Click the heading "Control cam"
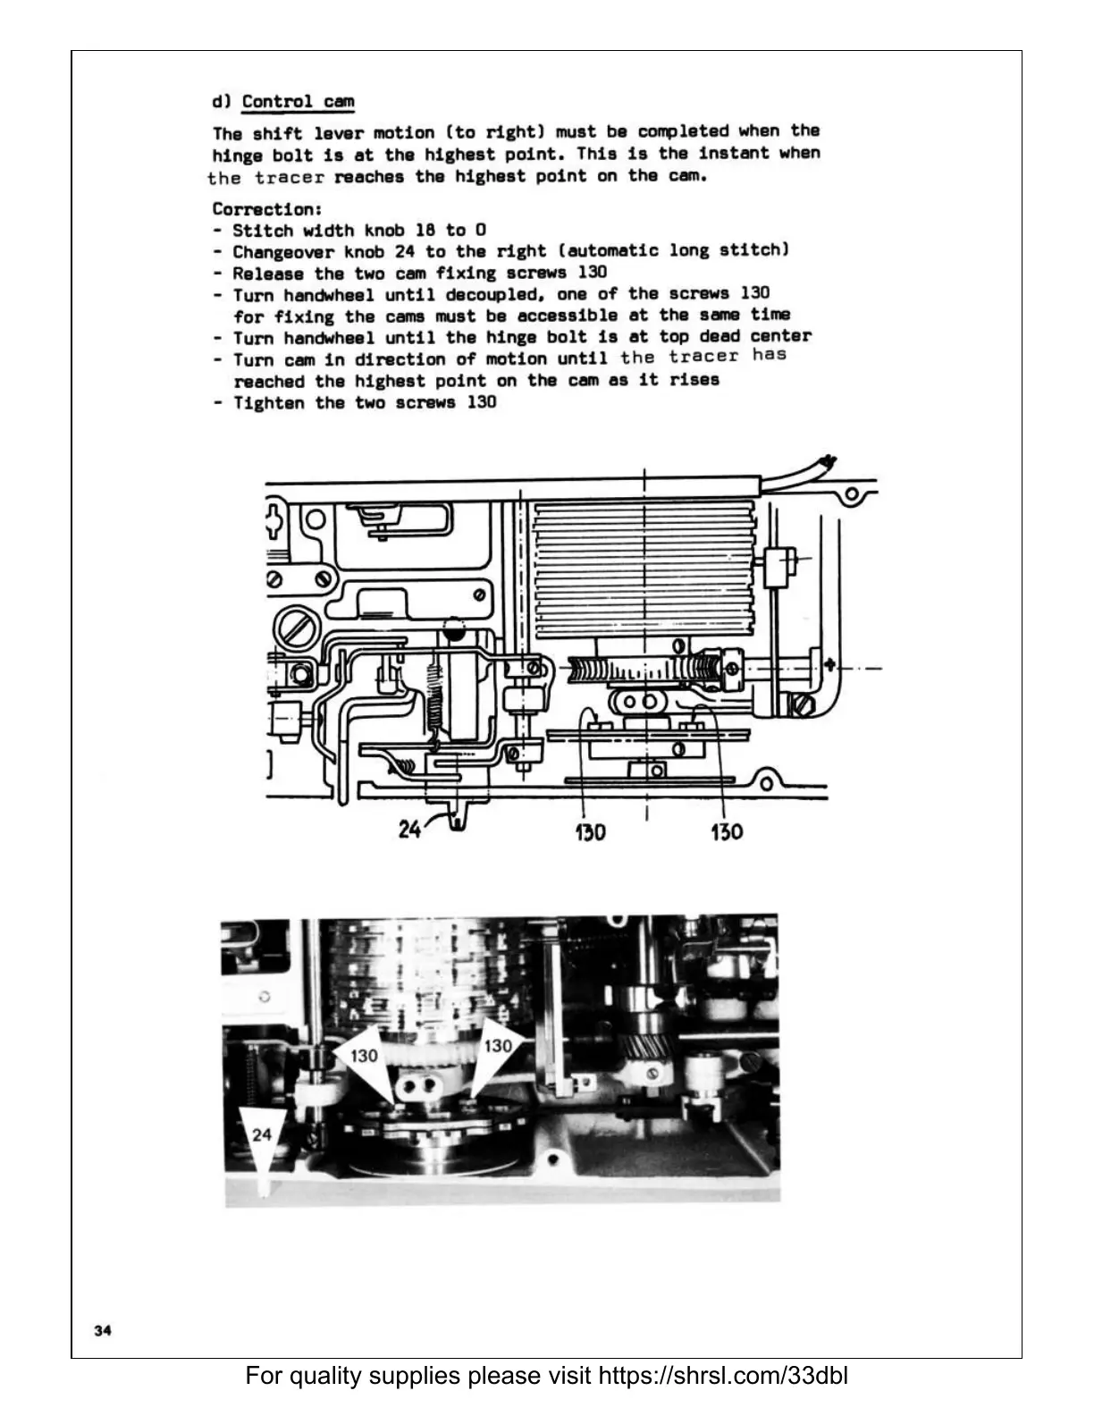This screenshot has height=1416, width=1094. point(298,101)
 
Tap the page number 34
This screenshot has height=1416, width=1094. point(103,1331)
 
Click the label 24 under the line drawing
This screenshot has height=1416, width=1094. point(410,830)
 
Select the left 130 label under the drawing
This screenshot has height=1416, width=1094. point(590,831)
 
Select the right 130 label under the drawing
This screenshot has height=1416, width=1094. point(726,831)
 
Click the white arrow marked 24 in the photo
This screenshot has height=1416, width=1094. point(262,1140)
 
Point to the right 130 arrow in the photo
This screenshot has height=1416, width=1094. point(493,1051)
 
